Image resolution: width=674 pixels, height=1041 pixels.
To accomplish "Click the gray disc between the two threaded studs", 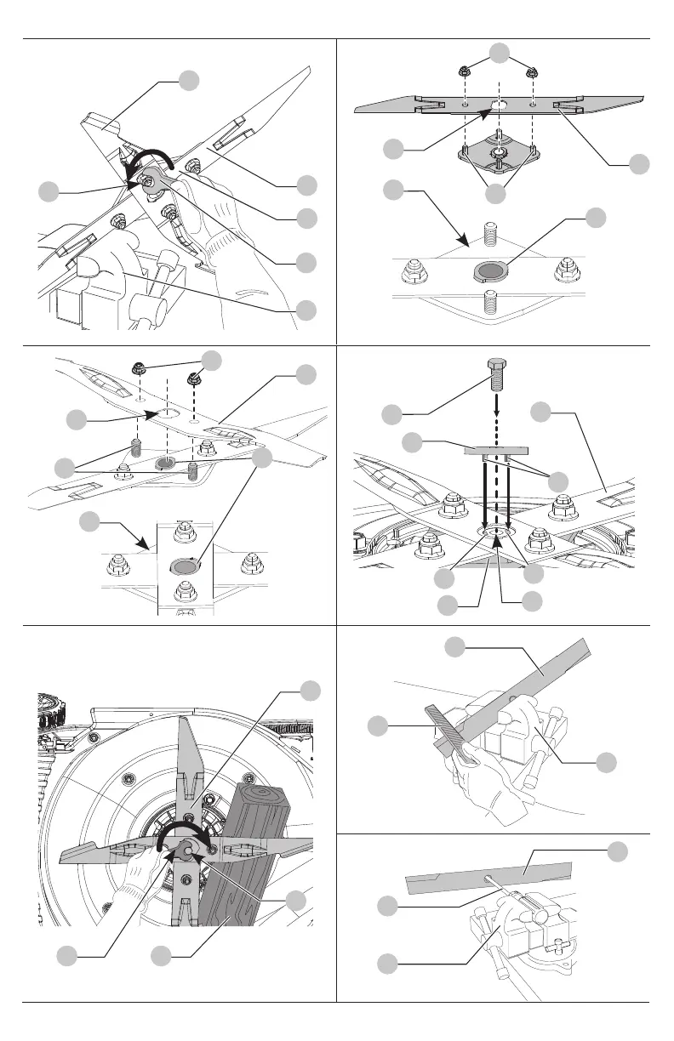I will (488, 270).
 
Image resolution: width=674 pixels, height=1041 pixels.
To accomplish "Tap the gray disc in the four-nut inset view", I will (184, 565).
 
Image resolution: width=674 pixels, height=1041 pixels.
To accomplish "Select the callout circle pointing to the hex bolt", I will (391, 415).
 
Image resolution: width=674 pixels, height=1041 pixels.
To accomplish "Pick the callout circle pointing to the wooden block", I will (163, 957).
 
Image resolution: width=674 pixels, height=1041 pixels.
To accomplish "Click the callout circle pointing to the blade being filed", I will (456, 649).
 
